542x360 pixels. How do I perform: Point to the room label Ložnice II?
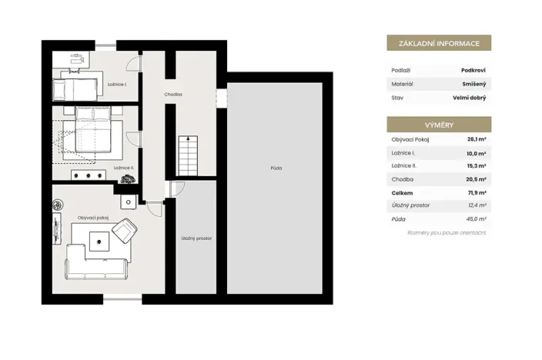(124, 167)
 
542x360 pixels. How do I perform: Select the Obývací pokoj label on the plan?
(93, 218)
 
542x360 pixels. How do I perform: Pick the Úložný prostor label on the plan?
(196, 238)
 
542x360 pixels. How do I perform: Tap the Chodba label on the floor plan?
(173, 95)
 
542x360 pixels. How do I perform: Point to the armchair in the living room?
(125, 230)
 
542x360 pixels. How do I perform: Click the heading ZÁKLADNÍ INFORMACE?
(438, 43)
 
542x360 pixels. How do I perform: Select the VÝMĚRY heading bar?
(438, 124)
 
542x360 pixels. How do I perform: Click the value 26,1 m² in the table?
(476, 139)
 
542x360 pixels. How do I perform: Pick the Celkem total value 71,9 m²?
(476, 193)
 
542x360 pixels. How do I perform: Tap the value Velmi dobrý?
(470, 98)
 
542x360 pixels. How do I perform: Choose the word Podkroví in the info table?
(473, 69)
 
